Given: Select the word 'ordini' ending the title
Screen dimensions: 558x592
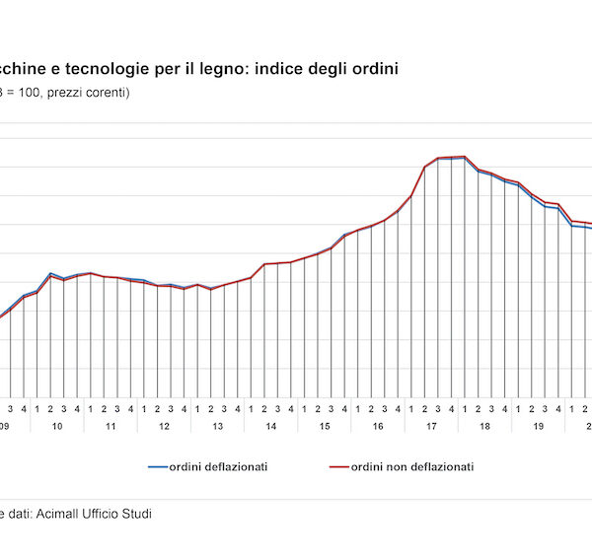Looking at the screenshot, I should click(376, 69).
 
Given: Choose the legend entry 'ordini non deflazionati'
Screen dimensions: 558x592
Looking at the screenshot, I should click(412, 466).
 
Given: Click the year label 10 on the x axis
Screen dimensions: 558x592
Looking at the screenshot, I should click(57, 427).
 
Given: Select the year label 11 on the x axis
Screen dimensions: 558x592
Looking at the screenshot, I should click(111, 427).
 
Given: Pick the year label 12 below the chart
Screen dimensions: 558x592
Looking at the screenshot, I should click(164, 427).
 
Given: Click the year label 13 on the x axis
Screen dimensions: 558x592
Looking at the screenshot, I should click(217, 427).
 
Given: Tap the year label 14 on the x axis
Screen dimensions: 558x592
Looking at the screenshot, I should click(270, 427).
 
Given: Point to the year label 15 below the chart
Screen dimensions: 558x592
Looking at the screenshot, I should click(324, 427).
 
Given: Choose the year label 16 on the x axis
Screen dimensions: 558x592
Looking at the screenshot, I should click(377, 427).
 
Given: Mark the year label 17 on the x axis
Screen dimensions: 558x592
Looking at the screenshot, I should click(431, 427).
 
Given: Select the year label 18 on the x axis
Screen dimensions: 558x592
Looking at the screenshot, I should click(484, 427).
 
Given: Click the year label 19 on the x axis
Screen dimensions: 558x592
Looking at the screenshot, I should click(538, 427).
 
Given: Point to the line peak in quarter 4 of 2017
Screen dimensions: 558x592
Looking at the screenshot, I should click(451, 157).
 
